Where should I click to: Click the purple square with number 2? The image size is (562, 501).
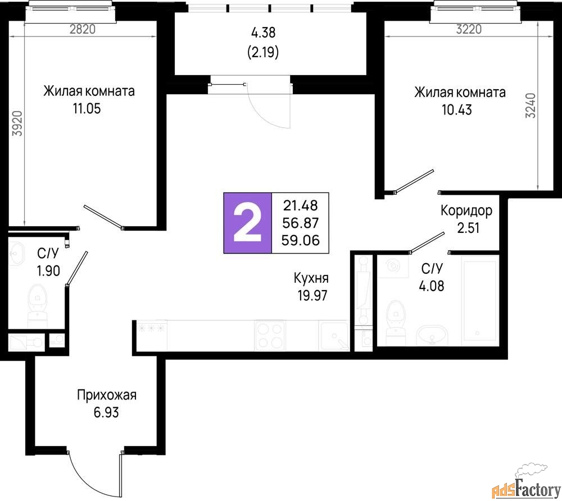pyautogui.click(x=248, y=223)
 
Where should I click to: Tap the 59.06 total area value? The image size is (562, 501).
pyautogui.click(x=300, y=241)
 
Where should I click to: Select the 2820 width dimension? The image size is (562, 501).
pyautogui.click(x=83, y=29)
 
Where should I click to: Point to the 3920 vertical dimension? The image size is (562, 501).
pyautogui.click(x=17, y=123)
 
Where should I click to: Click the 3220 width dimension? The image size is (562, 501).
pyautogui.click(x=469, y=29)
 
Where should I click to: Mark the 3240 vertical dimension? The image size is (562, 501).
pyautogui.click(x=531, y=105)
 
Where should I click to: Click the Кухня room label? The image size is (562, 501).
pyautogui.click(x=311, y=278)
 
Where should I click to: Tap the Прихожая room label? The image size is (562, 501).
pyautogui.click(x=107, y=396)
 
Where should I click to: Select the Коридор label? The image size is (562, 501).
pyautogui.click(x=466, y=210)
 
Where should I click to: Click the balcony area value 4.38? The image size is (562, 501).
pyautogui.click(x=264, y=33)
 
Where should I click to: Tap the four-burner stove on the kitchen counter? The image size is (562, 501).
pyautogui.click(x=270, y=335)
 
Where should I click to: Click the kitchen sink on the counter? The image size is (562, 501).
pyautogui.click(x=334, y=335)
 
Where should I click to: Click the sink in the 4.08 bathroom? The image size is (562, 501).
pyautogui.click(x=432, y=335)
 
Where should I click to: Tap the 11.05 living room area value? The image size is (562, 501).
pyautogui.click(x=87, y=108)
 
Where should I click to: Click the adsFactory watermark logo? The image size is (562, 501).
pyautogui.click(x=525, y=483)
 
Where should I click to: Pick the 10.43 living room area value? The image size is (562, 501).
pyautogui.click(x=457, y=110)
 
